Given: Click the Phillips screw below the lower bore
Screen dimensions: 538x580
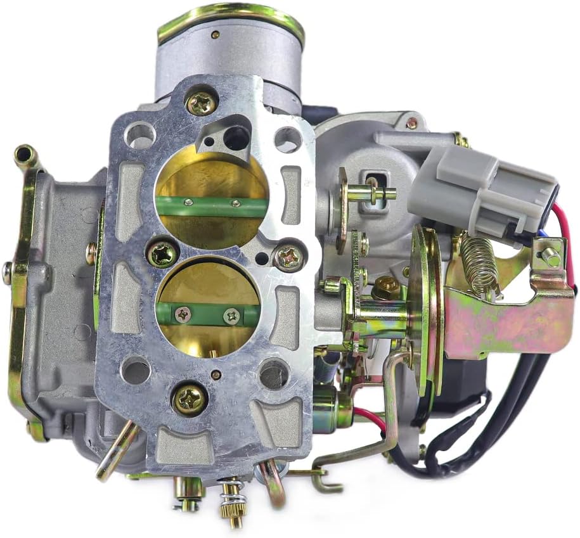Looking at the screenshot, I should [x=190, y=399].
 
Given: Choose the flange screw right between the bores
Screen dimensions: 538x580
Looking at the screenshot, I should [x=290, y=257].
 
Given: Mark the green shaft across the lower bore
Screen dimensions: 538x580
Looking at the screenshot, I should [x=209, y=313].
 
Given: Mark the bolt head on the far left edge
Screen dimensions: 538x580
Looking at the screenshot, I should [x=7, y=272].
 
